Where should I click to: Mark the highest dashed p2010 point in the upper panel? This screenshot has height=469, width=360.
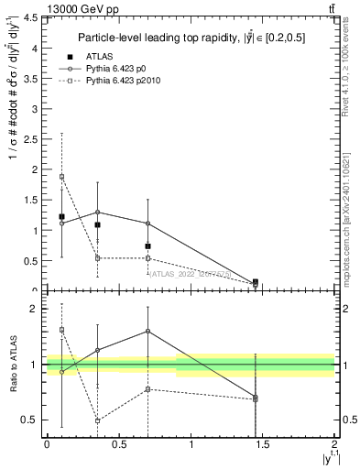(61, 177)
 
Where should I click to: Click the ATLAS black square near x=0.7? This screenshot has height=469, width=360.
(147, 246)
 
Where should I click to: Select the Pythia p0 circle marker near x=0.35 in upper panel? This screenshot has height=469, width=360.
(97, 213)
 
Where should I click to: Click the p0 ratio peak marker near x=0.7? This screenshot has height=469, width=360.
(147, 332)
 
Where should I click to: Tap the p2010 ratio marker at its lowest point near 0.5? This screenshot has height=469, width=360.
(97, 420)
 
